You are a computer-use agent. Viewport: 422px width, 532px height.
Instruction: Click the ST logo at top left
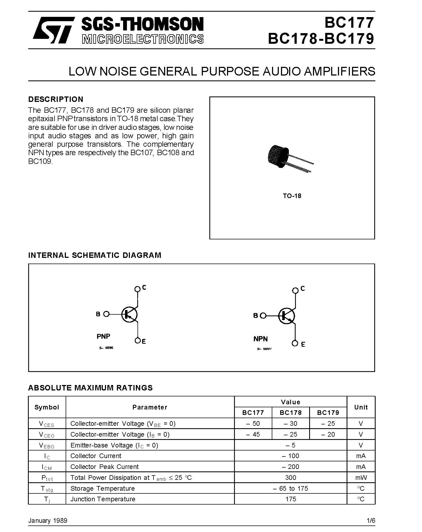pyautogui.click(x=53, y=30)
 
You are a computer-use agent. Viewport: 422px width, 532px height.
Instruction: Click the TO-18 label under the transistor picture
pyautogui.click(x=292, y=196)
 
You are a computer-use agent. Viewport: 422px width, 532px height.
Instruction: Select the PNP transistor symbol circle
pyautogui.click(x=129, y=315)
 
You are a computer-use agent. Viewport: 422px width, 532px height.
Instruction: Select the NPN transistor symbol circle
pyautogui.click(x=286, y=316)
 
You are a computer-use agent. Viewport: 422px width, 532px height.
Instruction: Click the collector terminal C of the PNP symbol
pyautogui.click(x=138, y=289)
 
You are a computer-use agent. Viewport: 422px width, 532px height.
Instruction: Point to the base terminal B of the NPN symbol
pyautogui.click(x=263, y=316)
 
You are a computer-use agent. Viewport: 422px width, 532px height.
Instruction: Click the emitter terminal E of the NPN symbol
pyautogui.click(x=295, y=343)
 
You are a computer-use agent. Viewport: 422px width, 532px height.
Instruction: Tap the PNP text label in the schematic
pyautogui.click(x=103, y=336)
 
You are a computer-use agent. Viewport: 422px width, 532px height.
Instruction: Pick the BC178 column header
pyautogui.click(x=290, y=413)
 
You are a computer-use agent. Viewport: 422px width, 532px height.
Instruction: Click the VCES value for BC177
pyautogui.click(x=253, y=424)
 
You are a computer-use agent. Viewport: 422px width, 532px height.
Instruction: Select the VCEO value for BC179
pyautogui.click(x=328, y=434)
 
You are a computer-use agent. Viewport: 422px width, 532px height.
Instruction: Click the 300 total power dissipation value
pyautogui.click(x=290, y=478)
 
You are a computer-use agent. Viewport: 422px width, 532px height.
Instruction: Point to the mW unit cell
pyautogui.click(x=361, y=478)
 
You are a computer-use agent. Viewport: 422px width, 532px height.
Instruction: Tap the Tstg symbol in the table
pyautogui.click(x=47, y=489)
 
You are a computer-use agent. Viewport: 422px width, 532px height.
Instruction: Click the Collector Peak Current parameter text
pyautogui.click(x=104, y=467)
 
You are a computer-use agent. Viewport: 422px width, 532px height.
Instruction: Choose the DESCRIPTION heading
pyautogui.click(x=56, y=99)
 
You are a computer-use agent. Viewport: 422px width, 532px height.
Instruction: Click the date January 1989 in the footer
pyautogui.click(x=48, y=521)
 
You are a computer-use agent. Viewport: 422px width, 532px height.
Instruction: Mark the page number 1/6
pyautogui.click(x=371, y=521)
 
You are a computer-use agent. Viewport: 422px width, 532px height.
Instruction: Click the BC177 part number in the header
pyautogui.click(x=349, y=23)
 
